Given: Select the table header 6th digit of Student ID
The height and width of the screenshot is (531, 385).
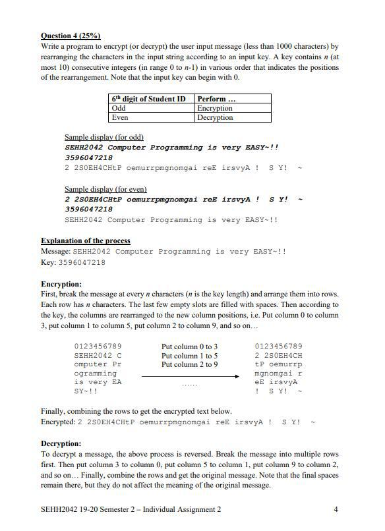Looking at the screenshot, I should pyautogui.click(x=148, y=99).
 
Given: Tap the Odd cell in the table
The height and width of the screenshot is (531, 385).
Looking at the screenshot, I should pyautogui.click(x=119, y=108).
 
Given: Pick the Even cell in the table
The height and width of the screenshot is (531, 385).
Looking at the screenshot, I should pyautogui.click(x=120, y=117).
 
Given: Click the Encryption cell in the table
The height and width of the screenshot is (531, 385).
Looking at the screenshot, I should pyautogui.click(x=215, y=108).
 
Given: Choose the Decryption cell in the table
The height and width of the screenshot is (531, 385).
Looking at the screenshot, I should pyautogui.click(x=215, y=117).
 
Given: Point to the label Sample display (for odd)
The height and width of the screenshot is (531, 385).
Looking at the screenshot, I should pyautogui.click(x=104, y=137).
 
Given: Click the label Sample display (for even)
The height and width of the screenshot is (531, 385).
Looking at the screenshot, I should pyautogui.click(x=105, y=189).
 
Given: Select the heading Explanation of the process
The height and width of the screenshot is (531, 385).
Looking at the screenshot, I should pyautogui.click(x=86, y=240).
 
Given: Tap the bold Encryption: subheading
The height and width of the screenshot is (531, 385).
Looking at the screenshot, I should pyautogui.click(x=61, y=284).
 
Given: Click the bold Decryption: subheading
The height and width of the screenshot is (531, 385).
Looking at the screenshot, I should pyautogui.click(x=61, y=443).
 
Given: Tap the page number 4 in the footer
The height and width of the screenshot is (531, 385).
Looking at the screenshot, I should pyautogui.click(x=336, y=509).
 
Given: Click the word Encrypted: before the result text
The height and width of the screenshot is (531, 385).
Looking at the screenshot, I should pyautogui.click(x=58, y=421).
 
